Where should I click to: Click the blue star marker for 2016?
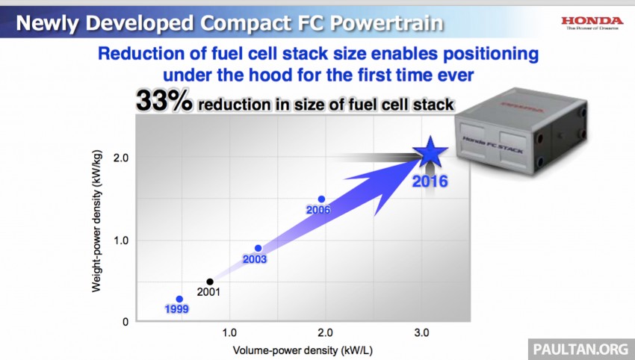(x=430, y=153)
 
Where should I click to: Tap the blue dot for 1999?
(x=179, y=299)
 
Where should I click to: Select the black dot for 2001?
(x=210, y=282)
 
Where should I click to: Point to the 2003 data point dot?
(x=258, y=248)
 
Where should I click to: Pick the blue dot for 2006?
(x=321, y=199)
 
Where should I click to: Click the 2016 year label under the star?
(x=430, y=181)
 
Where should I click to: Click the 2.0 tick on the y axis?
(x=121, y=158)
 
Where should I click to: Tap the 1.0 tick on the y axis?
(x=121, y=240)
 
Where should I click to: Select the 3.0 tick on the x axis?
(x=422, y=332)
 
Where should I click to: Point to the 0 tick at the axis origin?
(x=126, y=322)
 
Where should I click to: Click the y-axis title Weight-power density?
(x=98, y=228)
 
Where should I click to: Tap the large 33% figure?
(x=163, y=102)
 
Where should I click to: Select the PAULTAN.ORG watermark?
(x=580, y=347)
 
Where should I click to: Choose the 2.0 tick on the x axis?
(x=326, y=332)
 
